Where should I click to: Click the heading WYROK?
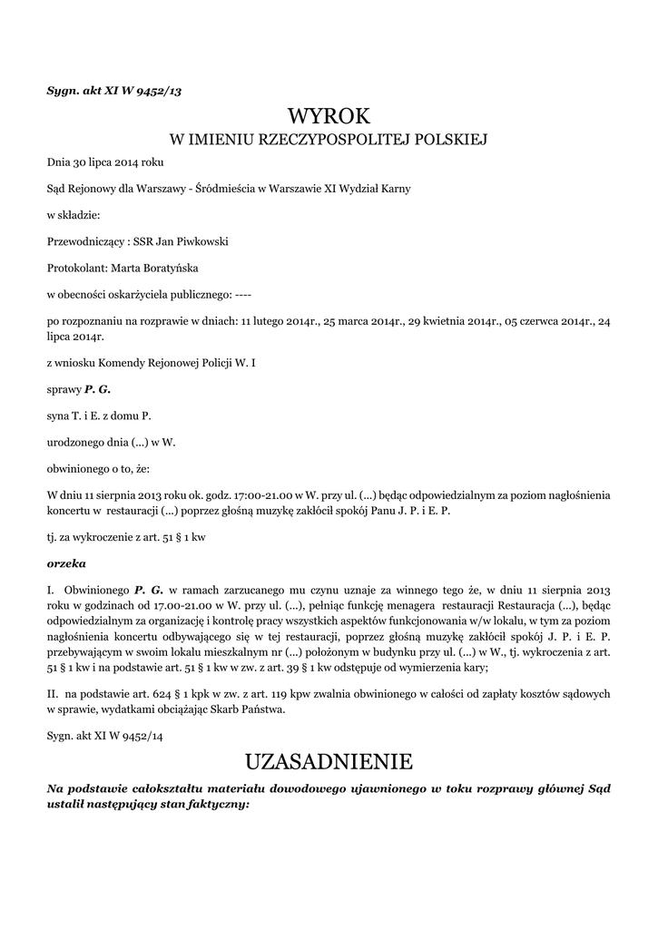[329, 116]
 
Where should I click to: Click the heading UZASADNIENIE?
[329, 759]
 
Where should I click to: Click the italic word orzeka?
[65, 562]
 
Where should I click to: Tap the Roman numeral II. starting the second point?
[53, 694]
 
